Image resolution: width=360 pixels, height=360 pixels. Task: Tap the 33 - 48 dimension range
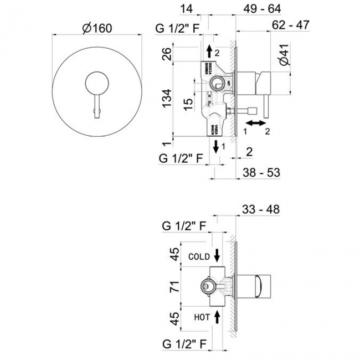[260, 209]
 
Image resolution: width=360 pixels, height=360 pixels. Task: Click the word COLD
[198, 257]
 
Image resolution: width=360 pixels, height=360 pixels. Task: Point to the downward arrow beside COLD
[217, 255]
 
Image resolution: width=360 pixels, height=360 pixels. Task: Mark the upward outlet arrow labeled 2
[208, 52]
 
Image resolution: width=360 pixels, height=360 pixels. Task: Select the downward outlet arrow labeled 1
[215, 147]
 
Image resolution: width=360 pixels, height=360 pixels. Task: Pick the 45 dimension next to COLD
[174, 255]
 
